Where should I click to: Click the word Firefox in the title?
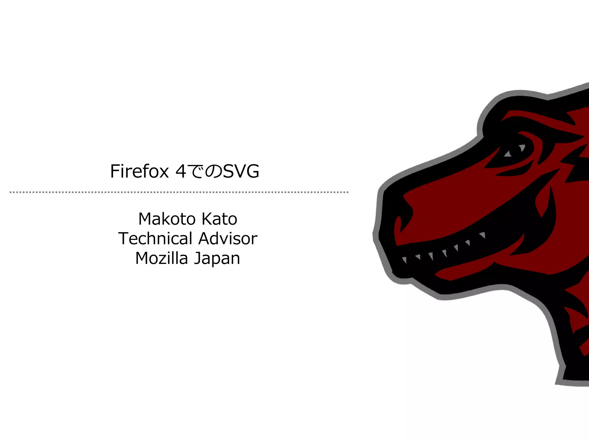pyautogui.click(x=139, y=172)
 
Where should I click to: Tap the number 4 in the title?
pyautogui.click(x=181, y=172)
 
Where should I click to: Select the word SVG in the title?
pyautogui.click(x=241, y=172)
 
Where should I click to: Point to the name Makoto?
pyautogui.click(x=167, y=219)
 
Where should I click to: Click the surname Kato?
pyautogui.click(x=219, y=219)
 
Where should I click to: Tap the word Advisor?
pyautogui.click(x=228, y=239)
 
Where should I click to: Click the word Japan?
pyautogui.click(x=217, y=259)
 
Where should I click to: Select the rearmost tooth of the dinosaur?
pyautogui.click(x=483, y=235)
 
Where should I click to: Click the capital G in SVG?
pyautogui.click(x=253, y=172)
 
